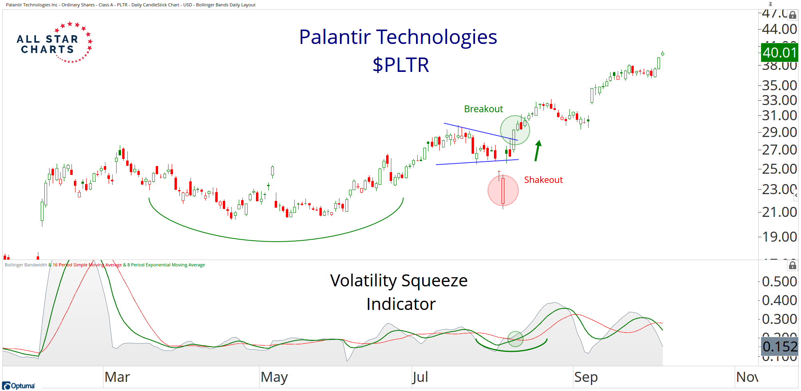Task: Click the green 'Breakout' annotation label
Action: coord(483,109)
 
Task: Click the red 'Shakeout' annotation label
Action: coord(543,180)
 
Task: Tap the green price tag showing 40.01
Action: coord(779,52)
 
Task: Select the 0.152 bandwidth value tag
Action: coord(779,346)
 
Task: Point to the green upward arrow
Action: coord(537,151)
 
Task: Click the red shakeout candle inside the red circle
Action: coord(503,191)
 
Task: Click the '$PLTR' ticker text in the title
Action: coord(400,65)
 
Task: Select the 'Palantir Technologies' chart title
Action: coord(398,37)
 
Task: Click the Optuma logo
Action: coord(19,386)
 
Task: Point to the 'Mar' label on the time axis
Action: coord(117,377)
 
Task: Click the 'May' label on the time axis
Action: coord(274,377)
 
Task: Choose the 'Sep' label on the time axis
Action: coord(586,377)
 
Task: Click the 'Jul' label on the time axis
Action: coord(420,377)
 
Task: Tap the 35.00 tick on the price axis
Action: coord(779,85)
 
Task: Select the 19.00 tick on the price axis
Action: coord(779,237)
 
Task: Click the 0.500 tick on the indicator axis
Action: coord(779,282)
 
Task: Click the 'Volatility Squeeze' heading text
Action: coord(399,281)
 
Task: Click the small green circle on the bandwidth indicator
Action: coord(515,339)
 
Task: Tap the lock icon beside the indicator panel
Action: coord(793,265)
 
